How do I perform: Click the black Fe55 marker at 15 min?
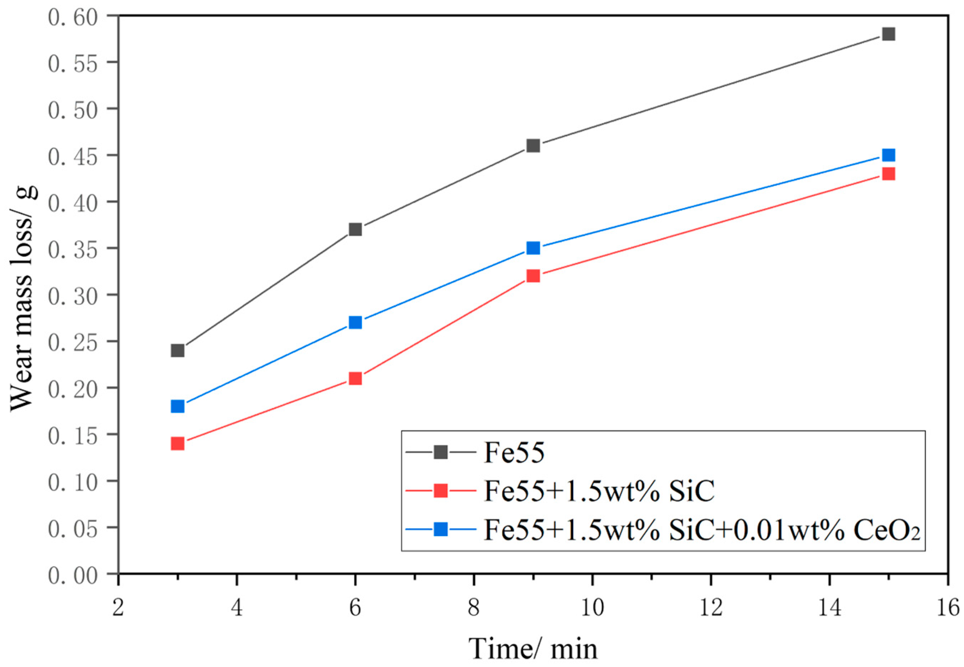[888, 34]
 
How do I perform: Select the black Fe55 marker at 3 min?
[178, 350]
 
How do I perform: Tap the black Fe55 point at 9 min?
[533, 145]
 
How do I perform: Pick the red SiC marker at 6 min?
[355, 378]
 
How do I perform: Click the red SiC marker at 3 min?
[178, 443]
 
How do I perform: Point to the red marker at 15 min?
[888, 174]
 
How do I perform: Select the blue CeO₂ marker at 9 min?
[533, 248]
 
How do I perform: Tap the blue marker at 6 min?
[355, 322]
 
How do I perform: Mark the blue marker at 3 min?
[178, 406]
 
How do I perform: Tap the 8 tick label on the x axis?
[474, 607]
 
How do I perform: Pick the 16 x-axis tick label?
[948, 607]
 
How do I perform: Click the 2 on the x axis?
[119, 607]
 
